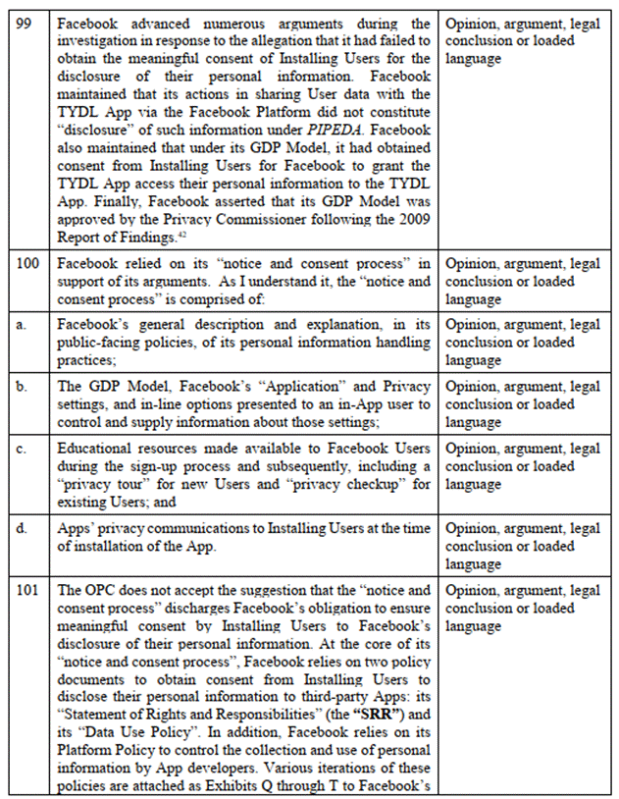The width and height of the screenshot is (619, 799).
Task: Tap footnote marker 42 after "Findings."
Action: [181, 233]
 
